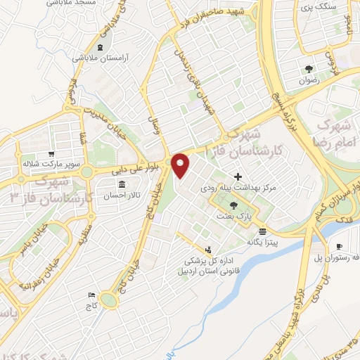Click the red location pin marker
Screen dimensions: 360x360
click(x=181, y=165)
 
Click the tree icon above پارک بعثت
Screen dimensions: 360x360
click(x=233, y=205)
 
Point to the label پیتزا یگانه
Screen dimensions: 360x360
click(x=262, y=242)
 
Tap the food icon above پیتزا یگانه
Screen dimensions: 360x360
click(x=262, y=231)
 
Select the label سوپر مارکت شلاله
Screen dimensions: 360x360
click(x=48, y=164)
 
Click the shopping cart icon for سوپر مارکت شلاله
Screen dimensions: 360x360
click(x=51, y=154)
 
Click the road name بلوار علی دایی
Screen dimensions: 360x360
click(x=137, y=169)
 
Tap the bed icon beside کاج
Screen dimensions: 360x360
click(x=90, y=295)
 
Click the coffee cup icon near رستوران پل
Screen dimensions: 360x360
click(x=340, y=246)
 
